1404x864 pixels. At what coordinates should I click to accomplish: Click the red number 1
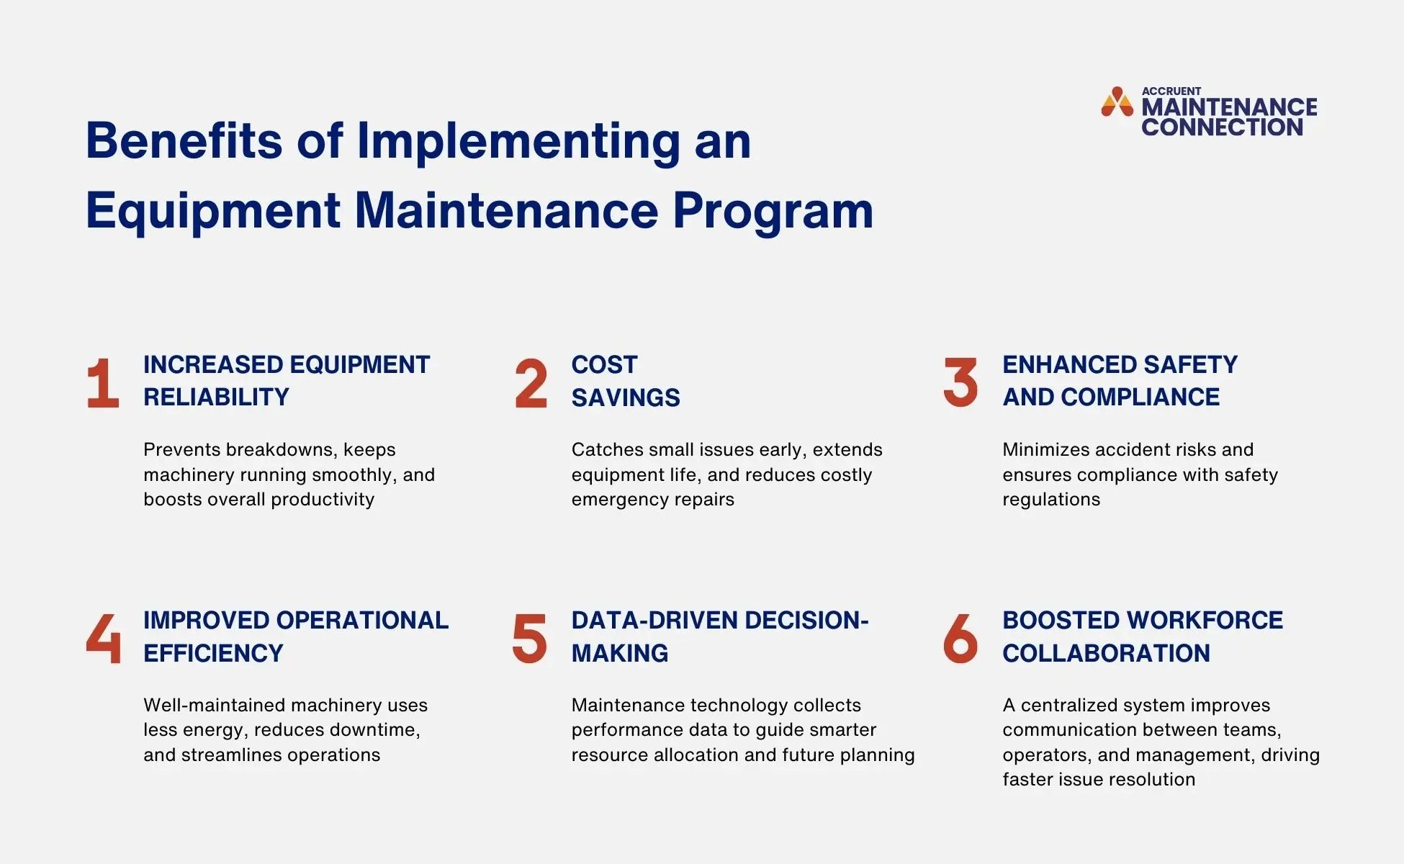(x=103, y=384)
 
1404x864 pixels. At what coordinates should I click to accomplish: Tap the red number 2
(x=531, y=384)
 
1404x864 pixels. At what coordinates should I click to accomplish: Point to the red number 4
(x=103, y=639)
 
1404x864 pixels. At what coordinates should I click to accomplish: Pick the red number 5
(x=529, y=639)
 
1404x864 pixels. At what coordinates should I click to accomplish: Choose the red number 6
(x=960, y=639)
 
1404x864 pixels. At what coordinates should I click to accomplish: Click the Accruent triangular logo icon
(x=1117, y=102)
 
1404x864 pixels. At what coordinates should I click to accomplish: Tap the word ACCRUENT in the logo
(x=1171, y=91)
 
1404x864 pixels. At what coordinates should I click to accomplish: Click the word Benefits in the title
(x=184, y=140)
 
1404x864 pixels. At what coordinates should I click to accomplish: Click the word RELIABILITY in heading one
(x=216, y=397)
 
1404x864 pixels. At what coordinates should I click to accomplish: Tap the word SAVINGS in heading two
(x=626, y=397)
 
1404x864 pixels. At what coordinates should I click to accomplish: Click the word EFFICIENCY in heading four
(x=213, y=653)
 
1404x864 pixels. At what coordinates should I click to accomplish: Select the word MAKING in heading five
(x=620, y=653)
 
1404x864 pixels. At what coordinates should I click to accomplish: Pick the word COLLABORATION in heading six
(x=1106, y=653)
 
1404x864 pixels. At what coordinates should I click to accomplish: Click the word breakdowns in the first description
(x=281, y=450)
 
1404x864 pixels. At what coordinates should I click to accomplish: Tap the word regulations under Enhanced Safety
(x=1051, y=500)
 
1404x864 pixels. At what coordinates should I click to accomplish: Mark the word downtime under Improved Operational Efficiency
(x=374, y=730)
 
